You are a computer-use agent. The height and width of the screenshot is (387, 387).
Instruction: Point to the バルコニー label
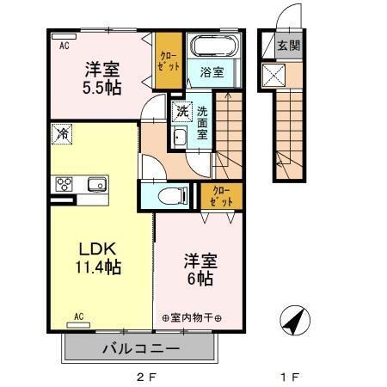[x=140, y=349]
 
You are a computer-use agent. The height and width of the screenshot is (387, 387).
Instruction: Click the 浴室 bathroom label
[x=212, y=72]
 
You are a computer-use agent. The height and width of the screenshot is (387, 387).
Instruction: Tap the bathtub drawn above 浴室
[x=212, y=46]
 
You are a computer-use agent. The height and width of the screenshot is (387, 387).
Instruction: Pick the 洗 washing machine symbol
[x=181, y=111]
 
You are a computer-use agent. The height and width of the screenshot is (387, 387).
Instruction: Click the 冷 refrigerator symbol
[x=61, y=134]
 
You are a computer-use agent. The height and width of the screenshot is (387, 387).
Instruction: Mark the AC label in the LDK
[x=78, y=316]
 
